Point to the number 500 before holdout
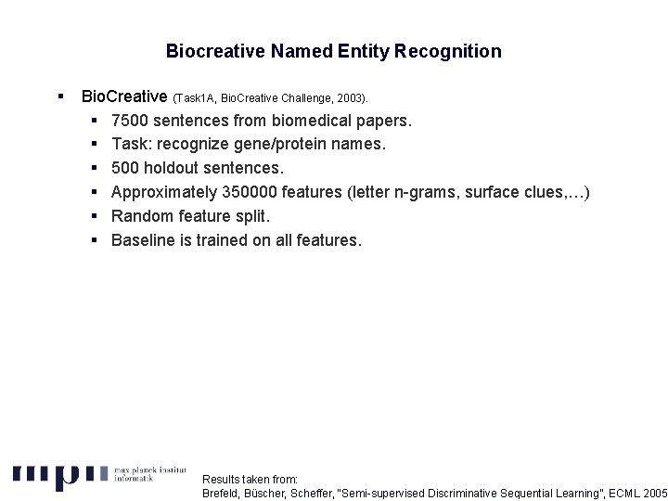point(125,168)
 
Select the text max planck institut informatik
point(149,474)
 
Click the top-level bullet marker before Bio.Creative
point(58,96)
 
